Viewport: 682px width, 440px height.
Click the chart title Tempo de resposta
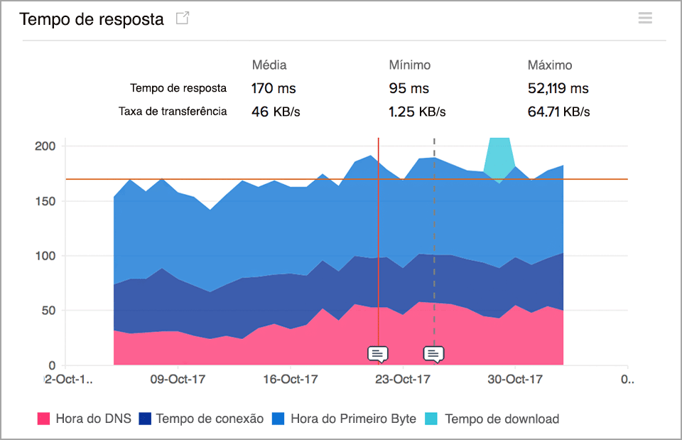pos(92,19)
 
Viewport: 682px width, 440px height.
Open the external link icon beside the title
pos(183,19)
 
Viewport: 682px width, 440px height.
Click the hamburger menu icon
pos(645,18)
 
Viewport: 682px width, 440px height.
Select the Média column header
pos(269,65)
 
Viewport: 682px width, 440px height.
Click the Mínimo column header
pos(410,65)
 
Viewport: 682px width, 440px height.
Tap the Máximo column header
pos(550,65)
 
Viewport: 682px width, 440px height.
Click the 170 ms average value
pos(274,89)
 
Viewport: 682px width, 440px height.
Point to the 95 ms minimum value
pos(409,89)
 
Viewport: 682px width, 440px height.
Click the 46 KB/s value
pos(276,112)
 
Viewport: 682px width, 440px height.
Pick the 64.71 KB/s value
pos(559,112)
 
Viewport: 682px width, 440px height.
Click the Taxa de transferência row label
pos(173,112)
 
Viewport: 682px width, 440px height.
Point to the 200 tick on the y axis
pos(45,146)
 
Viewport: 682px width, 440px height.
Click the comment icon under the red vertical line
pos(378,353)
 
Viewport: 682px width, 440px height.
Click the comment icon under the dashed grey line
pos(433,353)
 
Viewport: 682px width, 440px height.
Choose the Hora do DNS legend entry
pos(85,419)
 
